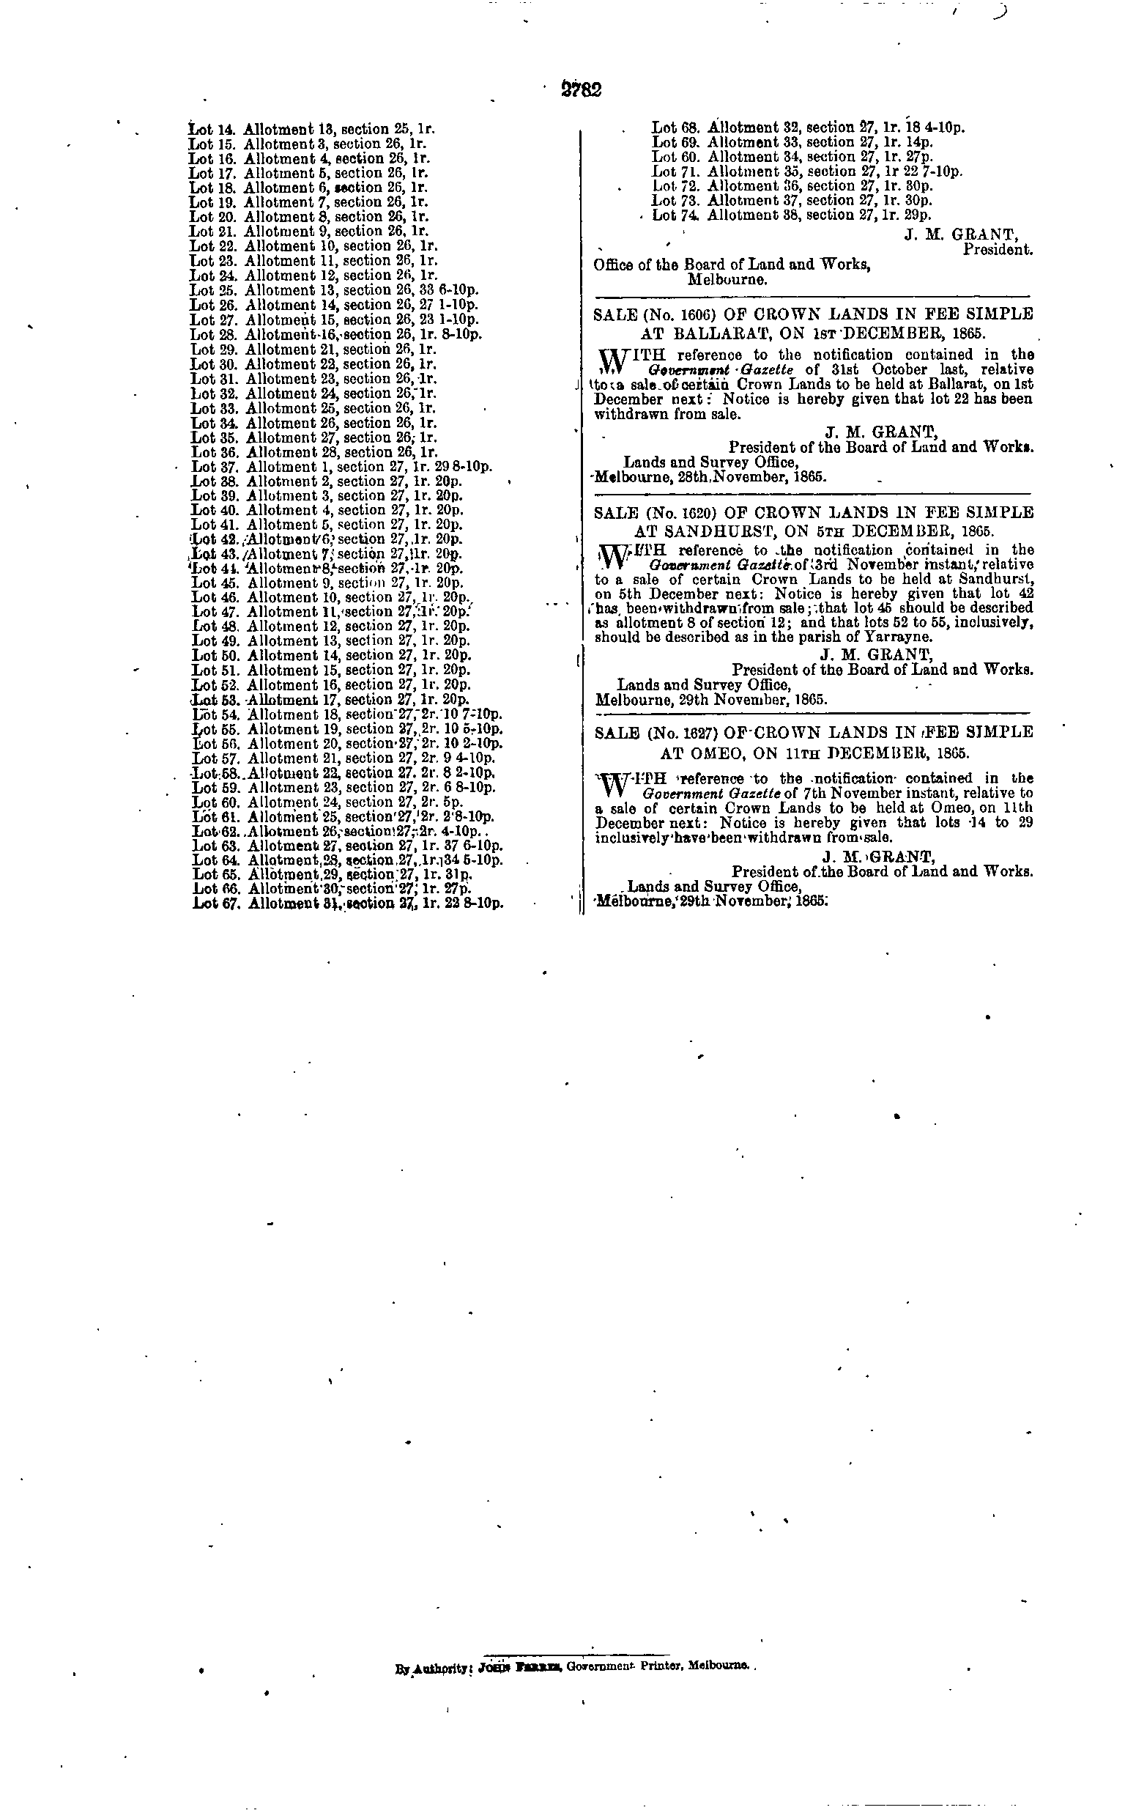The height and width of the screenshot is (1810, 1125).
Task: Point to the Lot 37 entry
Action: click(x=341, y=468)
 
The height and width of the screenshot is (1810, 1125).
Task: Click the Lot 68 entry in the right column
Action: click(x=808, y=128)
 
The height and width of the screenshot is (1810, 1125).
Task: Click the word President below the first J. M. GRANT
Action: click(x=997, y=250)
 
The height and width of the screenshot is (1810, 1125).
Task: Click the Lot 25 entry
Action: click(x=334, y=290)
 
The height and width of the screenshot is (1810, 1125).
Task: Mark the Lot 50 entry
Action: click(x=332, y=656)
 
